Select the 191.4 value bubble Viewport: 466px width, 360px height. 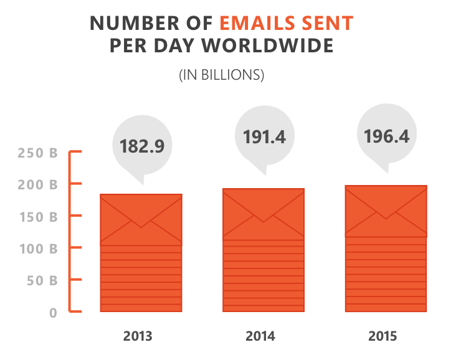pos(264,138)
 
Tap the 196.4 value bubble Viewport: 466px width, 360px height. pos(386,136)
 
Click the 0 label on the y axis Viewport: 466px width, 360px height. pos(54,313)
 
